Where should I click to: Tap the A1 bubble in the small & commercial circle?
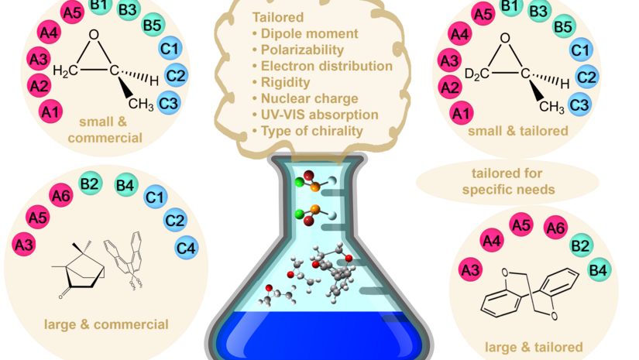(x=51, y=113)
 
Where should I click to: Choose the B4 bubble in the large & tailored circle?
(x=598, y=270)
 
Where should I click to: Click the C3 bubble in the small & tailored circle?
(x=579, y=102)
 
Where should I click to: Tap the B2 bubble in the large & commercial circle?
(x=88, y=183)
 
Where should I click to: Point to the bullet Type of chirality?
(x=308, y=132)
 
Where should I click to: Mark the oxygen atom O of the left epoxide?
(x=94, y=35)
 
